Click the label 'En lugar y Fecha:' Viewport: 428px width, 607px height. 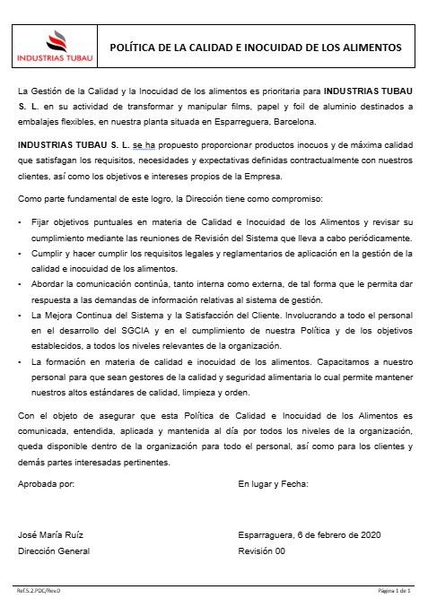[274, 483]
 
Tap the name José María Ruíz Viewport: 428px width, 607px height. [51, 534]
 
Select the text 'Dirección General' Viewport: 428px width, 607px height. [54, 551]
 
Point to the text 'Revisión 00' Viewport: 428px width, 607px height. [261, 551]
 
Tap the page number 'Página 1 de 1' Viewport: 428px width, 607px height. [395, 592]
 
